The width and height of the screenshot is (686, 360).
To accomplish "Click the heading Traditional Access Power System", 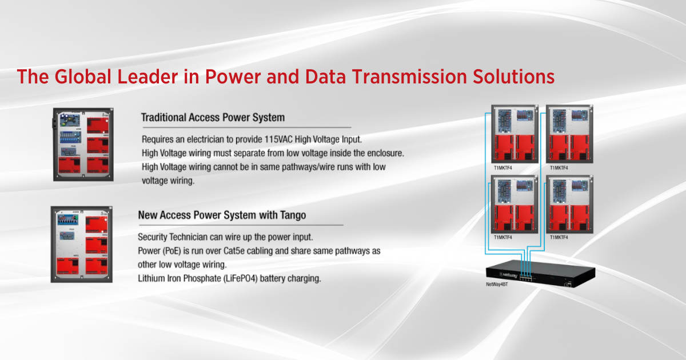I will pos(213,118).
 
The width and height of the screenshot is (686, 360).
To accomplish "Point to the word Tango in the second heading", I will pos(292,215).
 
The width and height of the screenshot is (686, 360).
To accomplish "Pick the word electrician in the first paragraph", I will pos(210,139).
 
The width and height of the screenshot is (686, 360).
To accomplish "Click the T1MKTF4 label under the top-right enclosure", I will pos(559,168).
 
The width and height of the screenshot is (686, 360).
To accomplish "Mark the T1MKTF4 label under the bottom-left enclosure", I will pos(503,237).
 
